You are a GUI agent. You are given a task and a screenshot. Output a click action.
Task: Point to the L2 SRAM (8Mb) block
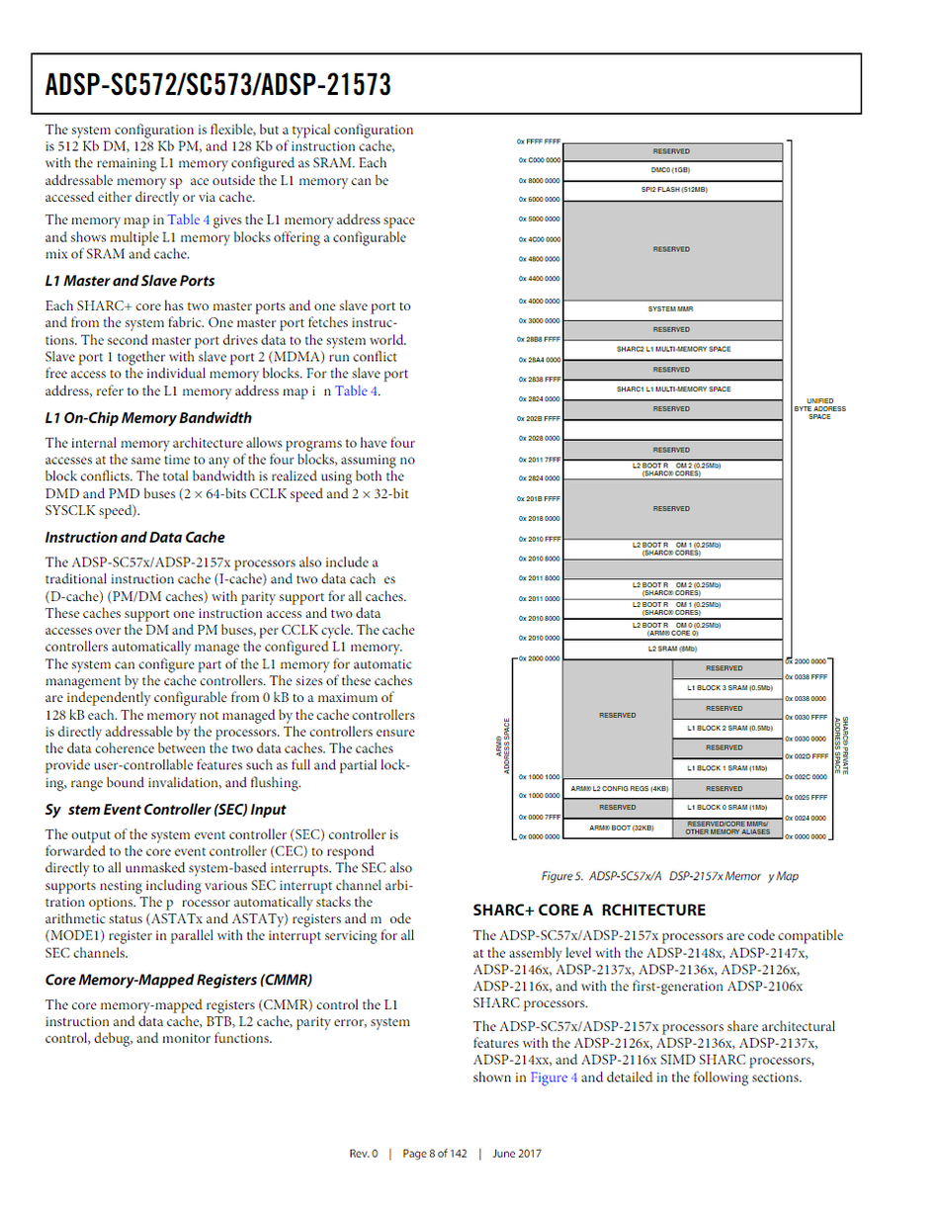[671, 649]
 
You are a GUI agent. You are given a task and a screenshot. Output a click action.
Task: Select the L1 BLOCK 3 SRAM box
[724, 688]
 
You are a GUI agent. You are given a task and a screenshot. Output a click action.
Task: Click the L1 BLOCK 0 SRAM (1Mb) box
[724, 807]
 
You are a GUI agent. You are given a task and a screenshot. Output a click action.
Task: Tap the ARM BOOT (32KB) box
[616, 827]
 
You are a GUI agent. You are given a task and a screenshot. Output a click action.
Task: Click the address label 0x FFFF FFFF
[540, 141]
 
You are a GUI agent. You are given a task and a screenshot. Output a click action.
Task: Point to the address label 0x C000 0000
[540, 160]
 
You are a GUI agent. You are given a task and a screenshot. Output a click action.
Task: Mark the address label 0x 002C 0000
[806, 777]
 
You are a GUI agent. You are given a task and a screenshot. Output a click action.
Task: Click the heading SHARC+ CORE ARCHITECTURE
[589, 910]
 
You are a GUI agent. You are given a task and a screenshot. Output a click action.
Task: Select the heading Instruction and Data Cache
[134, 538]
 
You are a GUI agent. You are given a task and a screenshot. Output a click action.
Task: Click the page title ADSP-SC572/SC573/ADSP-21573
[218, 85]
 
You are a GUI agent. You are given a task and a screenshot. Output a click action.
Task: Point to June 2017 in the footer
[516, 1154]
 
